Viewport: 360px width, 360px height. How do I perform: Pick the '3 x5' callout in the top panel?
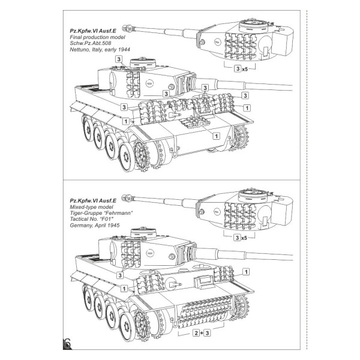241,69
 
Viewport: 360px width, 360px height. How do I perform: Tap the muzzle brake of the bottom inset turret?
128,196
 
